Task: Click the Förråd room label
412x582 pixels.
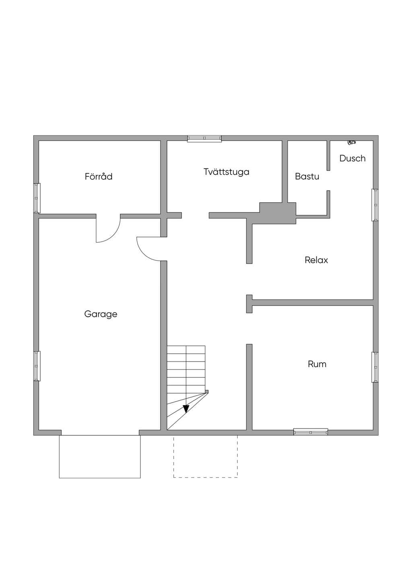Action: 99,176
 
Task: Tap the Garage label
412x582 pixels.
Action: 101,314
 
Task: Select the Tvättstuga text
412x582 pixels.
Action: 227,172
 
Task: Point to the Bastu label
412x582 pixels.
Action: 307,176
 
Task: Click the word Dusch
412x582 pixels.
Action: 352,158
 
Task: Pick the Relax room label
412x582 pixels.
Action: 316,260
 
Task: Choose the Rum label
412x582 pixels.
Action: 317,364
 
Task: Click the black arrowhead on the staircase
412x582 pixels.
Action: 186,409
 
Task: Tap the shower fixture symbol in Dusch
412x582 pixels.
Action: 352,142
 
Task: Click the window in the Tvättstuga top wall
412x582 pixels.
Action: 204,139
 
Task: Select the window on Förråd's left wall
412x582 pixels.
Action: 37,198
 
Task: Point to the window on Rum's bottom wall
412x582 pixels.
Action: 311,432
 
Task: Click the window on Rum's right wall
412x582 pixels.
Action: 375,367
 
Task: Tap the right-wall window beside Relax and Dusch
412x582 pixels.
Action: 375,205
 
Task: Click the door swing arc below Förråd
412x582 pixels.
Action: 113,235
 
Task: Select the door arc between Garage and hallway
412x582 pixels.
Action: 144,253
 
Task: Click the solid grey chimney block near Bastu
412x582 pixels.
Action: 278,213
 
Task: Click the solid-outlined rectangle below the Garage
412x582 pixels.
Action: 100,457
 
